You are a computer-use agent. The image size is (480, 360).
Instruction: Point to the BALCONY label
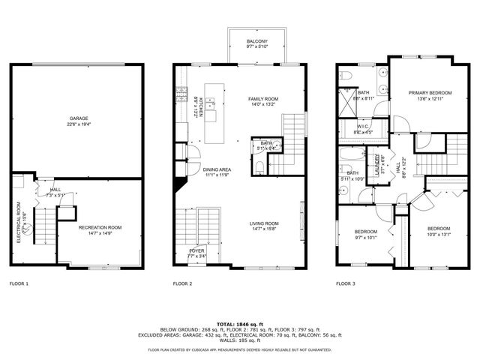(257, 42)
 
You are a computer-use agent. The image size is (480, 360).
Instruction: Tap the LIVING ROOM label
(264, 223)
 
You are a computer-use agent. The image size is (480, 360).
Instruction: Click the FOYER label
(197, 250)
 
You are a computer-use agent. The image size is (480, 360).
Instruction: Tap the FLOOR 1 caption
(19, 284)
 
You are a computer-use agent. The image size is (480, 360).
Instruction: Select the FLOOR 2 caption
(183, 284)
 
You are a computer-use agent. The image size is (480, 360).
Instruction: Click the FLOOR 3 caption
(345, 284)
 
